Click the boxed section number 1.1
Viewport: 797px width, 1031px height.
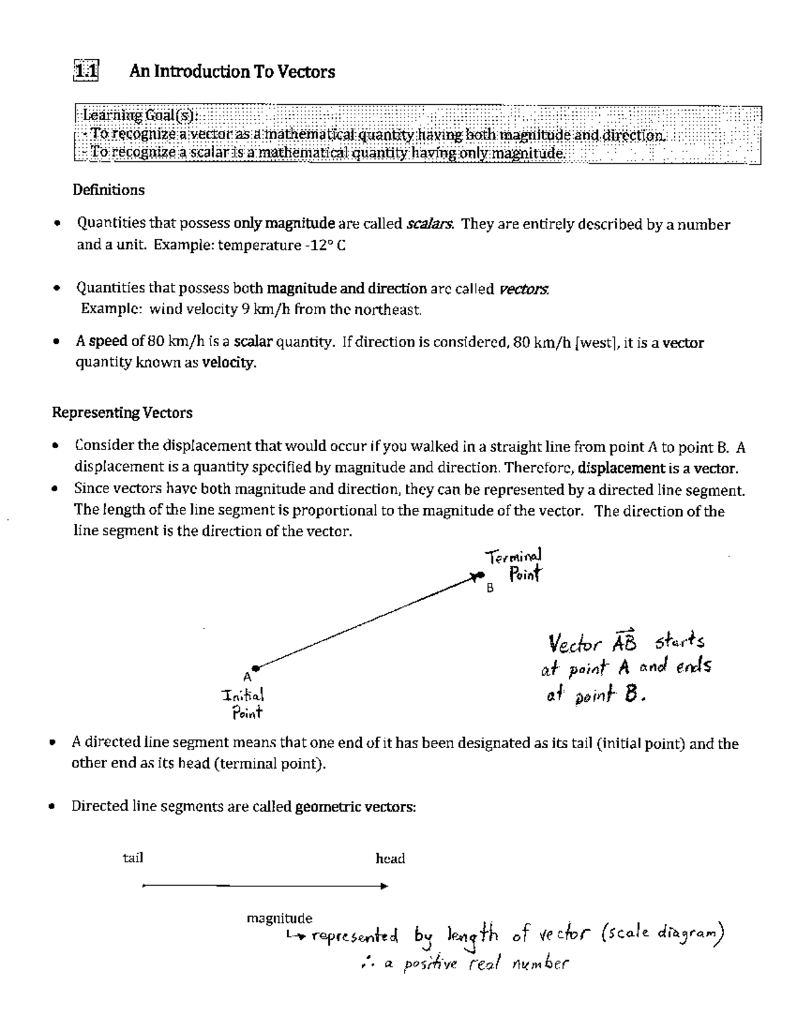[86, 71]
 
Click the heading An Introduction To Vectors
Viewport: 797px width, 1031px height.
[232, 72]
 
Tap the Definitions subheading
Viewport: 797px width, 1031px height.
[108, 190]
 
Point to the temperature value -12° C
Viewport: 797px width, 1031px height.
[324, 246]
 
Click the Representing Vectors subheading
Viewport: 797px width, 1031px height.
[122, 413]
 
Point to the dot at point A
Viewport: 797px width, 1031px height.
[255, 668]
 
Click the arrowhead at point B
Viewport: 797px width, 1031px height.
[476, 576]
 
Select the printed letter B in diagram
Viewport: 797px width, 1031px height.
[490, 588]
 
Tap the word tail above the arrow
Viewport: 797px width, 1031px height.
[133, 858]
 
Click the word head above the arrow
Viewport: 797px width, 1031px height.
[390, 859]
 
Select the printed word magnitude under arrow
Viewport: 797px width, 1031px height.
[279, 918]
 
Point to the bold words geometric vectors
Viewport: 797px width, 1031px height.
[355, 807]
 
